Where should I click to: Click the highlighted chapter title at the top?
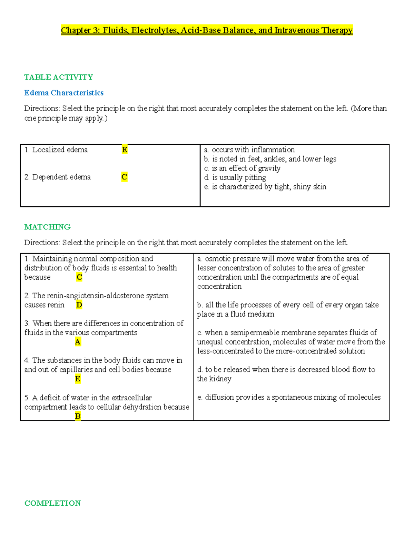pyautogui.click(x=207, y=30)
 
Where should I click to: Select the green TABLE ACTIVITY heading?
pyautogui.click(x=59, y=77)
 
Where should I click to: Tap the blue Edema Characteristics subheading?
pyautogui.click(x=64, y=93)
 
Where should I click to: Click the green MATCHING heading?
pyautogui.click(x=47, y=227)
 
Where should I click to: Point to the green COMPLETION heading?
pyautogui.click(x=52, y=503)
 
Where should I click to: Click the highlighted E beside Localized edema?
pyautogui.click(x=125, y=150)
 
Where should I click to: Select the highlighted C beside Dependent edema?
pyautogui.click(x=124, y=177)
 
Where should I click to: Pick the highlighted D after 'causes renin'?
pyautogui.click(x=79, y=305)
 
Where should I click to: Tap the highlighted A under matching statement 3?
pyautogui.click(x=78, y=342)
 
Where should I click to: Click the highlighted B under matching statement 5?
pyautogui.click(x=78, y=416)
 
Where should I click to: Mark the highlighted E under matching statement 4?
pyautogui.click(x=78, y=379)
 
